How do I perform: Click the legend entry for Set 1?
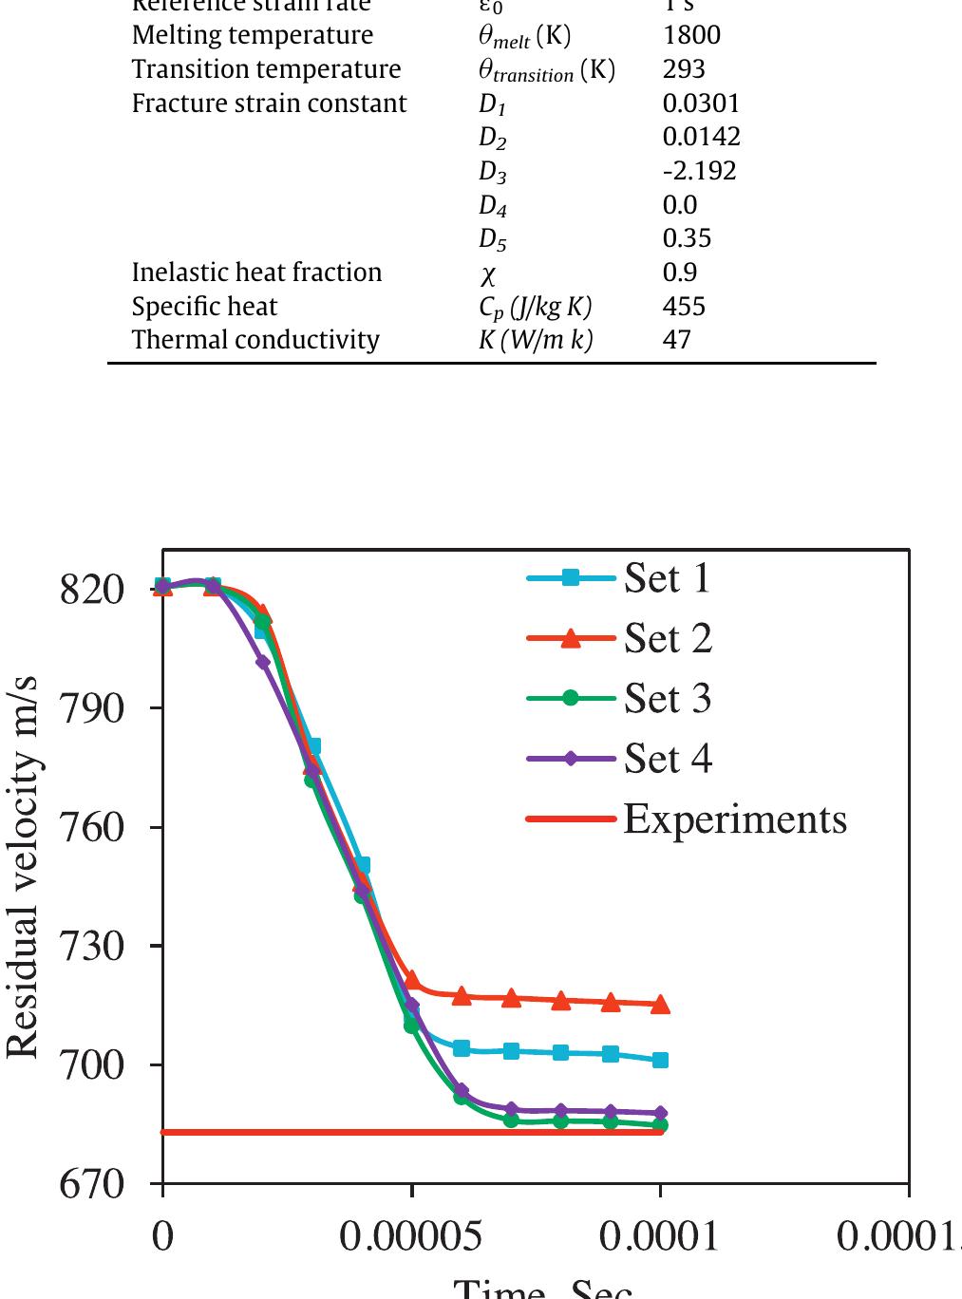coord(667,578)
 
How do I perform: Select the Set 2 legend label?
coord(668,639)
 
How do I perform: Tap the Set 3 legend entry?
coord(668,699)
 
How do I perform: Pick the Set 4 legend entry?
coord(668,759)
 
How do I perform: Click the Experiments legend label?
coord(734,819)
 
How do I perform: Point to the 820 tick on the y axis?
coord(92,590)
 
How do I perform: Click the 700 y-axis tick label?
coord(92,1064)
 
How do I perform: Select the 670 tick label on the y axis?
coord(92,1184)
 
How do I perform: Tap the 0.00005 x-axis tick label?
coord(411,1237)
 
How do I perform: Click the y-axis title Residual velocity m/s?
coord(23,867)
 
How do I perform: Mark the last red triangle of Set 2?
coord(660,1004)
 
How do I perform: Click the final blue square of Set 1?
coord(660,1060)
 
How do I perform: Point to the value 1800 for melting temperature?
coord(691,36)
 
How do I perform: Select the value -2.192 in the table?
coord(699,171)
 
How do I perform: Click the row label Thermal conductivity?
coord(255,340)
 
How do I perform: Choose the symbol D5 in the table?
coord(492,239)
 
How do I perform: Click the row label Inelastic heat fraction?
coord(256,273)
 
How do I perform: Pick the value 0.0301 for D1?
coord(701,104)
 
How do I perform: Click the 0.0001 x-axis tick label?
coord(659,1237)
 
